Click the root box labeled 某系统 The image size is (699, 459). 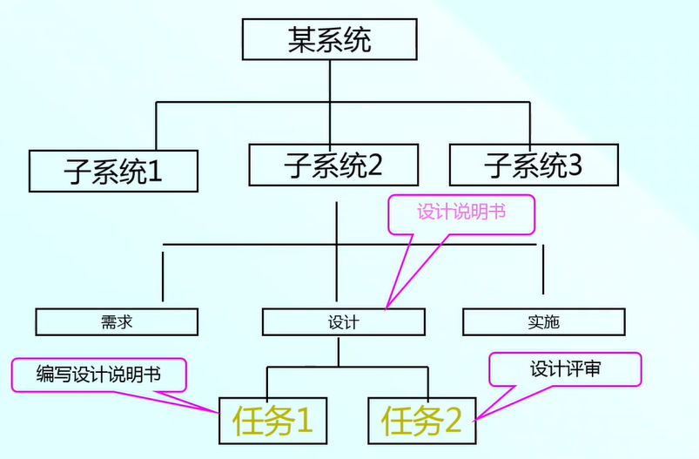point(330,39)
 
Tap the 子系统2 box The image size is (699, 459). point(333,164)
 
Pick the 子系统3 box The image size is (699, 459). point(534,164)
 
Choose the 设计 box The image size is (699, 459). point(344,322)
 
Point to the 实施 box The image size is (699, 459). point(543,322)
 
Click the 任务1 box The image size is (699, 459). point(272,422)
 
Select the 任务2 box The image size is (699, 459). point(421,422)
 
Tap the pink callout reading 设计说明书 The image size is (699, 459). point(460,213)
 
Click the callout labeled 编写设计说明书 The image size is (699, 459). point(98,375)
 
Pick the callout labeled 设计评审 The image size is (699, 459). point(565,368)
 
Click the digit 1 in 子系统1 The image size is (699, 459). point(154,171)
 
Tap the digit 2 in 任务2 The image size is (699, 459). point(452,422)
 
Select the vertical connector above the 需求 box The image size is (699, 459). point(163,276)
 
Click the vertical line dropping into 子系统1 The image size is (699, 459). point(157,125)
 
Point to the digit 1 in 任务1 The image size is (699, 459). point(303,422)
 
